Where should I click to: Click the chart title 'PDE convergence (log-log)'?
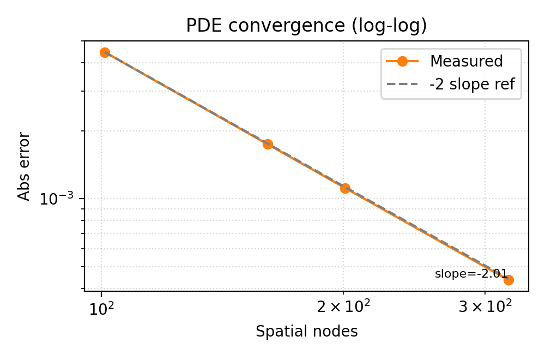tap(306, 26)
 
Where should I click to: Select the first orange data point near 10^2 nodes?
tap(105, 52)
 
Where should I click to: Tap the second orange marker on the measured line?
tap(268, 144)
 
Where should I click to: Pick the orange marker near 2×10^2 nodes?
tap(345, 188)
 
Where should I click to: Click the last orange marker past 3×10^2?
tap(508, 280)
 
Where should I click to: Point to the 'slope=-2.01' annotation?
tap(471, 274)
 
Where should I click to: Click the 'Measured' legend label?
tap(466, 62)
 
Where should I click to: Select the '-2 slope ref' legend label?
tap(472, 85)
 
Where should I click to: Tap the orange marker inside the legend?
tap(402, 62)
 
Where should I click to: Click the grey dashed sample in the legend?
tap(402, 85)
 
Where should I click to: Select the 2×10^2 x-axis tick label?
tap(343, 308)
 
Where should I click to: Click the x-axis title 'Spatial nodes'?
tap(306, 331)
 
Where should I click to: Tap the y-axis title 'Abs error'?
tap(25, 166)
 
